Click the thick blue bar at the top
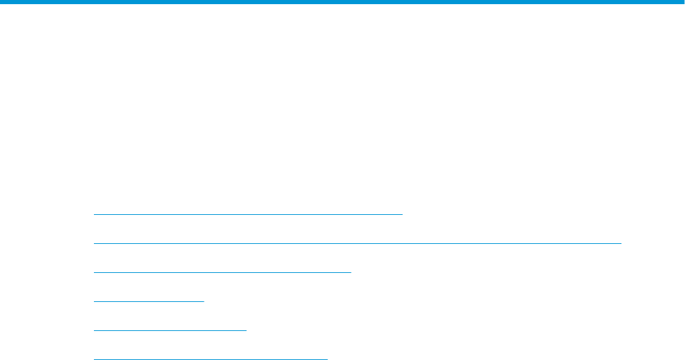click(x=342, y=2)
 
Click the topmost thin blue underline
click(x=247, y=214)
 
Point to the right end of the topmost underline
click(x=401, y=214)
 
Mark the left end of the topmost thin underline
click(x=94, y=214)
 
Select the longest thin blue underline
click(x=357, y=243)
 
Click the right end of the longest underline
click(x=621, y=243)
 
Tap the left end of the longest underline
click(x=94, y=243)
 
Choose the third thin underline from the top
click(x=222, y=272)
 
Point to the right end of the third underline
click(x=351, y=272)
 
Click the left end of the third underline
click(x=94, y=272)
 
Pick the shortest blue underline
click(x=149, y=301)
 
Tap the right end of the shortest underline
click(x=204, y=301)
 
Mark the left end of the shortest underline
click(x=94, y=301)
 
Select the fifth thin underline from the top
click(x=170, y=330)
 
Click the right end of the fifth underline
click(x=246, y=330)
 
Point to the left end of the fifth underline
click(x=94, y=330)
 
